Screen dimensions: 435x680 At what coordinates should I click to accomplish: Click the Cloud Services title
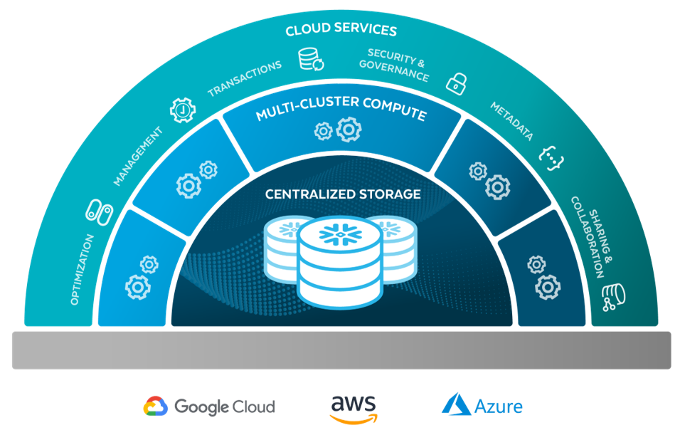pyautogui.click(x=341, y=31)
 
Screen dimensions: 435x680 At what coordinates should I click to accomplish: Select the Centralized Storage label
pyautogui.click(x=343, y=194)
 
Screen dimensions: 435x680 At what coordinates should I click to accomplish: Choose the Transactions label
pyautogui.click(x=244, y=78)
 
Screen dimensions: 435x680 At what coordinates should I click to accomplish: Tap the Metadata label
pyautogui.click(x=511, y=121)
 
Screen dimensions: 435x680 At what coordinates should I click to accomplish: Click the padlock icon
pyautogui.click(x=456, y=82)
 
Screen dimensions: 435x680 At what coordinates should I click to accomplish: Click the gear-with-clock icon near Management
pyautogui.click(x=183, y=111)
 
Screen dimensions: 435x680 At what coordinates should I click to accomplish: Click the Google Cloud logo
pyautogui.click(x=209, y=407)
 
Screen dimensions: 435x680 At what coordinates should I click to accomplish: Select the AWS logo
pyautogui.click(x=354, y=407)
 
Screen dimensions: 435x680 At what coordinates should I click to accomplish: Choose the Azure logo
pyautogui.click(x=482, y=406)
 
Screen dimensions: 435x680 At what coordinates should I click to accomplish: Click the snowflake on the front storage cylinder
pyautogui.click(x=339, y=234)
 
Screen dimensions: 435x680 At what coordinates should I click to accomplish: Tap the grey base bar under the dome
pyautogui.click(x=340, y=350)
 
